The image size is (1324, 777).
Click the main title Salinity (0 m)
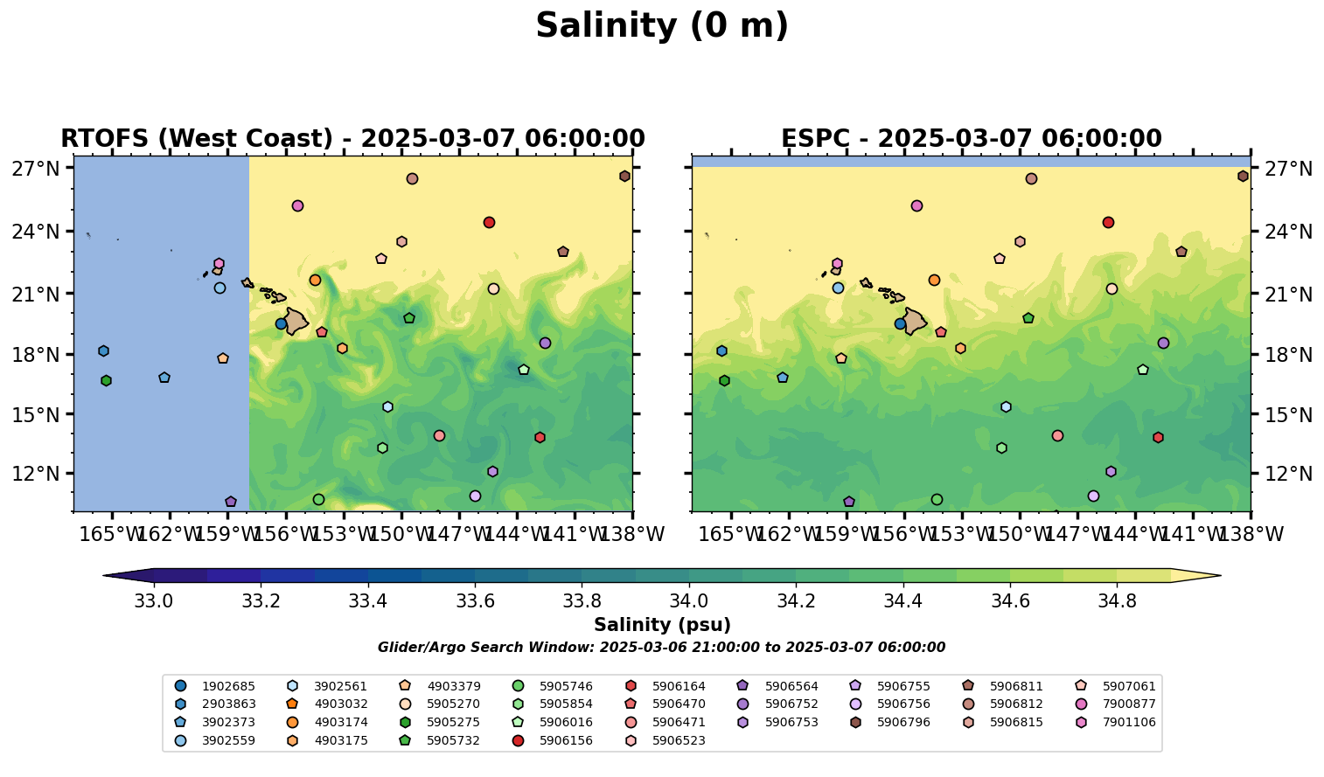(x=662, y=26)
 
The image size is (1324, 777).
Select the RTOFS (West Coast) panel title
(x=352, y=139)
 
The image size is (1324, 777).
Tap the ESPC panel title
(x=971, y=139)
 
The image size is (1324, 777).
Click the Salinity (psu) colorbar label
(x=662, y=625)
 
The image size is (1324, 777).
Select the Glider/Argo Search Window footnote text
(x=661, y=648)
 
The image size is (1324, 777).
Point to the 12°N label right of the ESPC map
(x=1287, y=474)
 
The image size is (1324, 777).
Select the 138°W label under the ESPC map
(x=1251, y=533)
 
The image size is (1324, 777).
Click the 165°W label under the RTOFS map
(x=112, y=533)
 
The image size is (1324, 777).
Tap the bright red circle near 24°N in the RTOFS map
(x=489, y=222)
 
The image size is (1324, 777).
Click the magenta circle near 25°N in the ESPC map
(x=916, y=206)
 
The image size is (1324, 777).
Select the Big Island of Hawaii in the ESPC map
(x=915, y=322)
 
